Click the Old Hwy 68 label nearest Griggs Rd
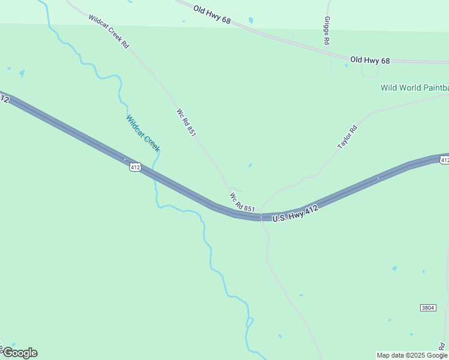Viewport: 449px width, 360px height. pyautogui.click(x=370, y=60)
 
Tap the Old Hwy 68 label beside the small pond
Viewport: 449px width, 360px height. pyautogui.click(x=212, y=14)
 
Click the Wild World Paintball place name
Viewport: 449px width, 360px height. pyautogui.click(x=414, y=88)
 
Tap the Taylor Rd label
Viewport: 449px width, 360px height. pyautogui.click(x=347, y=137)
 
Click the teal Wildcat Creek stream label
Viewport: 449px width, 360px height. pyautogui.click(x=143, y=133)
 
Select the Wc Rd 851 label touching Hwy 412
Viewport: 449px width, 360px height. pyautogui.click(x=242, y=202)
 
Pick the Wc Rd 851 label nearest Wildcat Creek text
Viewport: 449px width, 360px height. pyautogui.click(x=186, y=122)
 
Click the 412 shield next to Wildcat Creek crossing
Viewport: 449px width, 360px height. pyautogui.click(x=135, y=167)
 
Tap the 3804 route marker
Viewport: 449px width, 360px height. pyautogui.click(x=427, y=308)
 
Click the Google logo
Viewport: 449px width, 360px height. pyautogui.click(x=20, y=353)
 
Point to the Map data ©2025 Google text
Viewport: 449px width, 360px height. pyautogui.click(x=412, y=355)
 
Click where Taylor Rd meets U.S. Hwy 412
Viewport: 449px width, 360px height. pyautogui.click(x=262, y=217)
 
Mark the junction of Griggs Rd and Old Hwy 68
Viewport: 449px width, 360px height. pyautogui.click(x=331, y=55)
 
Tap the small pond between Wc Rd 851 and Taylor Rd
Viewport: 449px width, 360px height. pyautogui.click(x=250, y=165)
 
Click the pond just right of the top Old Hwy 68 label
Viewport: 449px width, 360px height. pyautogui.click(x=250, y=20)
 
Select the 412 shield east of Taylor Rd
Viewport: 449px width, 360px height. pyautogui.click(x=444, y=160)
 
